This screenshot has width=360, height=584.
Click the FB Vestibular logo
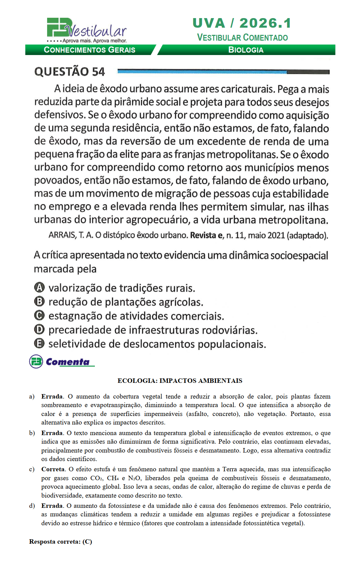pyautogui.click(x=87, y=30)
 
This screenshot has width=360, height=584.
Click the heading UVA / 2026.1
pyautogui.click(x=242, y=23)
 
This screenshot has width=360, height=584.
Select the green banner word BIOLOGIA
pyautogui.click(x=246, y=50)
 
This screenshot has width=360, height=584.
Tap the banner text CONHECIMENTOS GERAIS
pyautogui.click(x=89, y=50)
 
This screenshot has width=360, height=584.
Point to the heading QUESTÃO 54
pyautogui.click(x=70, y=72)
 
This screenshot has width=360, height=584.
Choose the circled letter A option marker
pyautogui.click(x=40, y=288)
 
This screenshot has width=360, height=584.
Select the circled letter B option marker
pyautogui.click(x=40, y=302)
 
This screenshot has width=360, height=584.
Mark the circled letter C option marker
pyautogui.click(x=40, y=316)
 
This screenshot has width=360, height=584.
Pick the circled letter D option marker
pyautogui.click(x=40, y=330)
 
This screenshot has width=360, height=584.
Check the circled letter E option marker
pyautogui.click(x=40, y=344)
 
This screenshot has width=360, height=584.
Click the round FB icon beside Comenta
pyautogui.click(x=36, y=362)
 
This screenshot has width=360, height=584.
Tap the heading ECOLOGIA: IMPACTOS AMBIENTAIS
pyautogui.click(x=180, y=381)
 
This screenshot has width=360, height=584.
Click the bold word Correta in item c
pyautogui.click(x=53, y=469)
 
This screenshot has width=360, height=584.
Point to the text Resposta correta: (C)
pyautogui.click(x=60, y=542)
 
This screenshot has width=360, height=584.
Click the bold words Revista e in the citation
pyautogui.click(x=206, y=235)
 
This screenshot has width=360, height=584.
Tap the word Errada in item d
pyautogui.click(x=52, y=506)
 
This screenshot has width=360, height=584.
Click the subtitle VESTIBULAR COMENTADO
pyautogui.click(x=242, y=38)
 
